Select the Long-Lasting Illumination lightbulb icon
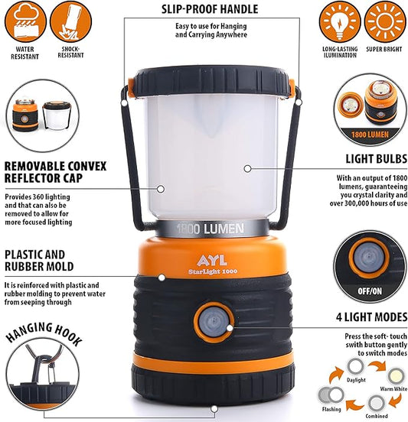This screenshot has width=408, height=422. (339, 22)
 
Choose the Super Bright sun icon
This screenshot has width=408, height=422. (384, 22)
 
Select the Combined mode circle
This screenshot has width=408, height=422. (377, 403)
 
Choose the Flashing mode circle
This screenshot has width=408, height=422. (331, 394)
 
